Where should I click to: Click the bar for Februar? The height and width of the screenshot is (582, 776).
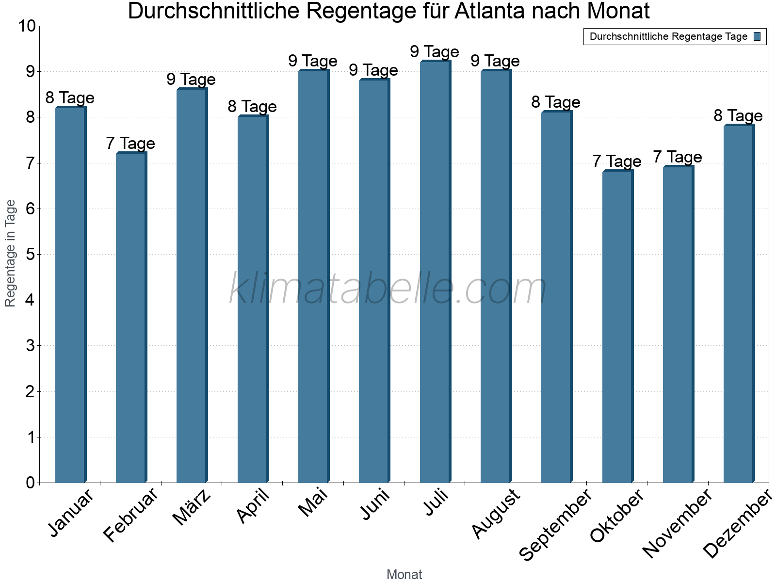(131, 318)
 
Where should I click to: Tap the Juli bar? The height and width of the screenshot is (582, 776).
(435, 272)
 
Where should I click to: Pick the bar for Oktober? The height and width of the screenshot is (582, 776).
(617, 327)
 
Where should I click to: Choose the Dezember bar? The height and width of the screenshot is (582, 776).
(739, 304)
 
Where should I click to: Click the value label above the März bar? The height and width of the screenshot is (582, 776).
(191, 80)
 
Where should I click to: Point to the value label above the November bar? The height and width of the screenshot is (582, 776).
(678, 157)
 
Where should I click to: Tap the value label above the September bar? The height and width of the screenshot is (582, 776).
(556, 102)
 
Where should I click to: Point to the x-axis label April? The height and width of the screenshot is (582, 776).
(253, 506)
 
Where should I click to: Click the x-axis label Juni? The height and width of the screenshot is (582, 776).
(374, 504)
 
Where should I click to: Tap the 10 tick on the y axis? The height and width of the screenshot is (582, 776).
(26, 26)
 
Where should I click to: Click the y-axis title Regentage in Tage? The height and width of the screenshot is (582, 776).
(10, 253)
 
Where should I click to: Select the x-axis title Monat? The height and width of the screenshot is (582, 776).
(404, 575)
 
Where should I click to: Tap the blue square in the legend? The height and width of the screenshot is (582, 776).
(758, 36)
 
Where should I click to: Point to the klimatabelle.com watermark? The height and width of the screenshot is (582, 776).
(388, 289)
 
